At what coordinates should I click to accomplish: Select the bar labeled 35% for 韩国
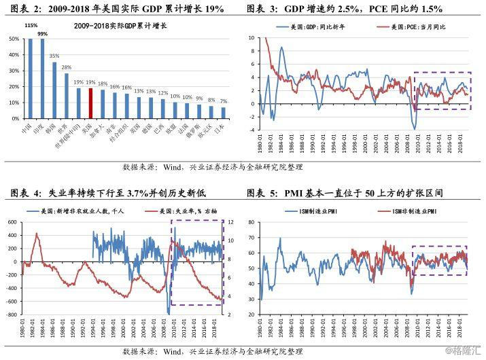(x=55, y=90)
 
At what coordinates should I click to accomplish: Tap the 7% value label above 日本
(x=224, y=101)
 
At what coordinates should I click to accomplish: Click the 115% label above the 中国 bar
(x=30, y=25)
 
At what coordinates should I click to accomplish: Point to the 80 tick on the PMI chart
(x=250, y=222)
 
